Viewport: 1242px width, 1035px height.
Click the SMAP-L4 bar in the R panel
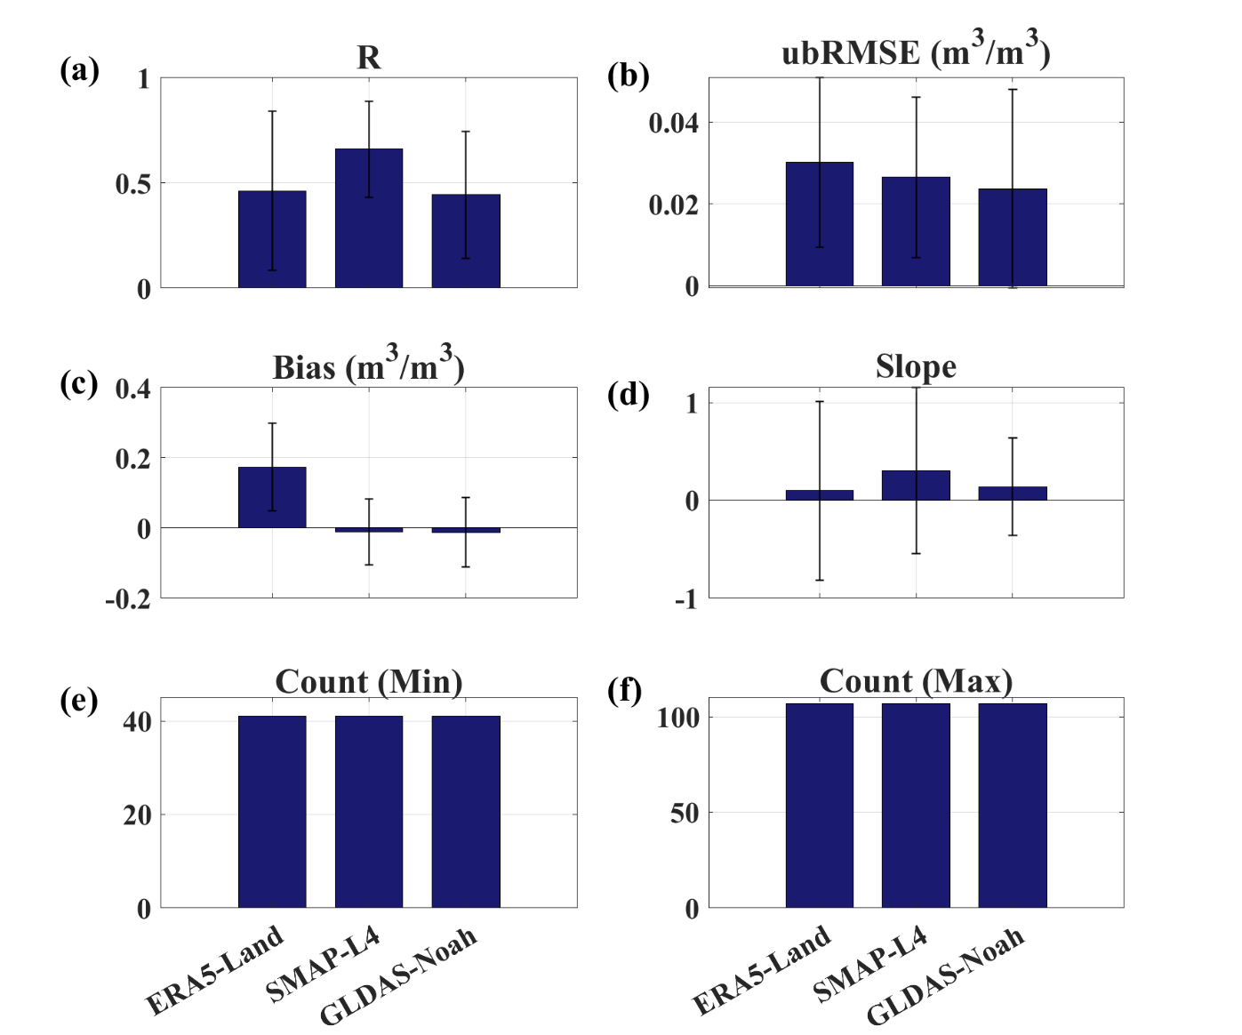368,218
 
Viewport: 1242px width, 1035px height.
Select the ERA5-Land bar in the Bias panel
272,497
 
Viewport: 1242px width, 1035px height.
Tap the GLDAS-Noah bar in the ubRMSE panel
1012,237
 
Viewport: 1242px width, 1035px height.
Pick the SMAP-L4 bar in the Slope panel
916,485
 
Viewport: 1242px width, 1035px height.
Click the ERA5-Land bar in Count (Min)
272,811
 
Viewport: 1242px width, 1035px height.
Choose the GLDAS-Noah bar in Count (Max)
1012,805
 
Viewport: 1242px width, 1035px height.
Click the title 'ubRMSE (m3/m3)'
916,52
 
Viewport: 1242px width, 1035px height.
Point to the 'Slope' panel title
916,366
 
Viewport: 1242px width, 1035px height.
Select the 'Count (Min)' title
368,682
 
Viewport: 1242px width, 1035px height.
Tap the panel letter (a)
79,70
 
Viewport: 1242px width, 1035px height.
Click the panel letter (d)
628,394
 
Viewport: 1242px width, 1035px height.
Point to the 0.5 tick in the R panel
132,184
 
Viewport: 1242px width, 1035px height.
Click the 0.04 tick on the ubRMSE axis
673,123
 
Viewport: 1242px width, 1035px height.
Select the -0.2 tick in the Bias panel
128,599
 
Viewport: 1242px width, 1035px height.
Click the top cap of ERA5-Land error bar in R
272,111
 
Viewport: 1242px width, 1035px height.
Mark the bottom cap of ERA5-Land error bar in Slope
820,580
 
